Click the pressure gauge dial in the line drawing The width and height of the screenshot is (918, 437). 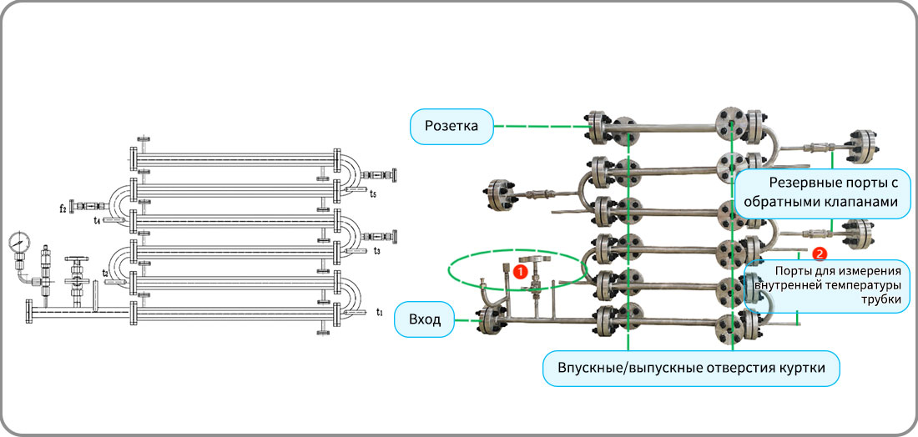click(x=20, y=242)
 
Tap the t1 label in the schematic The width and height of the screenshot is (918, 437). click(x=381, y=313)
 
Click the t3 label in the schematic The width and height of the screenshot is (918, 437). click(x=377, y=251)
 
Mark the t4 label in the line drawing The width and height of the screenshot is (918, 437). click(x=98, y=220)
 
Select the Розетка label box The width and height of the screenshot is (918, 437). click(x=451, y=127)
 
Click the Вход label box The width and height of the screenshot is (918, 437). click(x=425, y=319)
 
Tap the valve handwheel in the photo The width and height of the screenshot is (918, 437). click(x=533, y=259)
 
